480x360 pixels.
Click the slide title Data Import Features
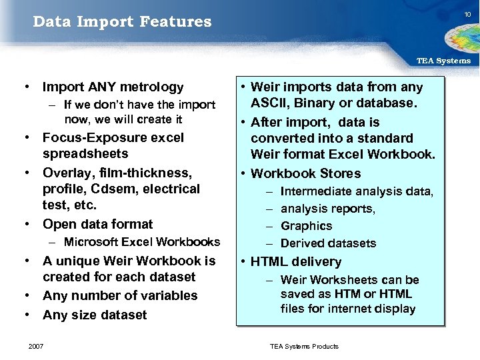pos(122,22)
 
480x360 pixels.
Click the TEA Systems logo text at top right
pos(443,61)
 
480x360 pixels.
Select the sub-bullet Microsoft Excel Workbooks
pos(141,241)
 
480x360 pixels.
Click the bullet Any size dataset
pos(94,315)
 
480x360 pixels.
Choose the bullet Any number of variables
pos(120,295)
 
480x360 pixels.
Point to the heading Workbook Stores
pos(305,173)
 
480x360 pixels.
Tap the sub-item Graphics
pos(306,226)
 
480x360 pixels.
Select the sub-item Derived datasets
pos(328,243)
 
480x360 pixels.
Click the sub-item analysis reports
pos(328,209)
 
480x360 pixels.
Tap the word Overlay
pos(65,173)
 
